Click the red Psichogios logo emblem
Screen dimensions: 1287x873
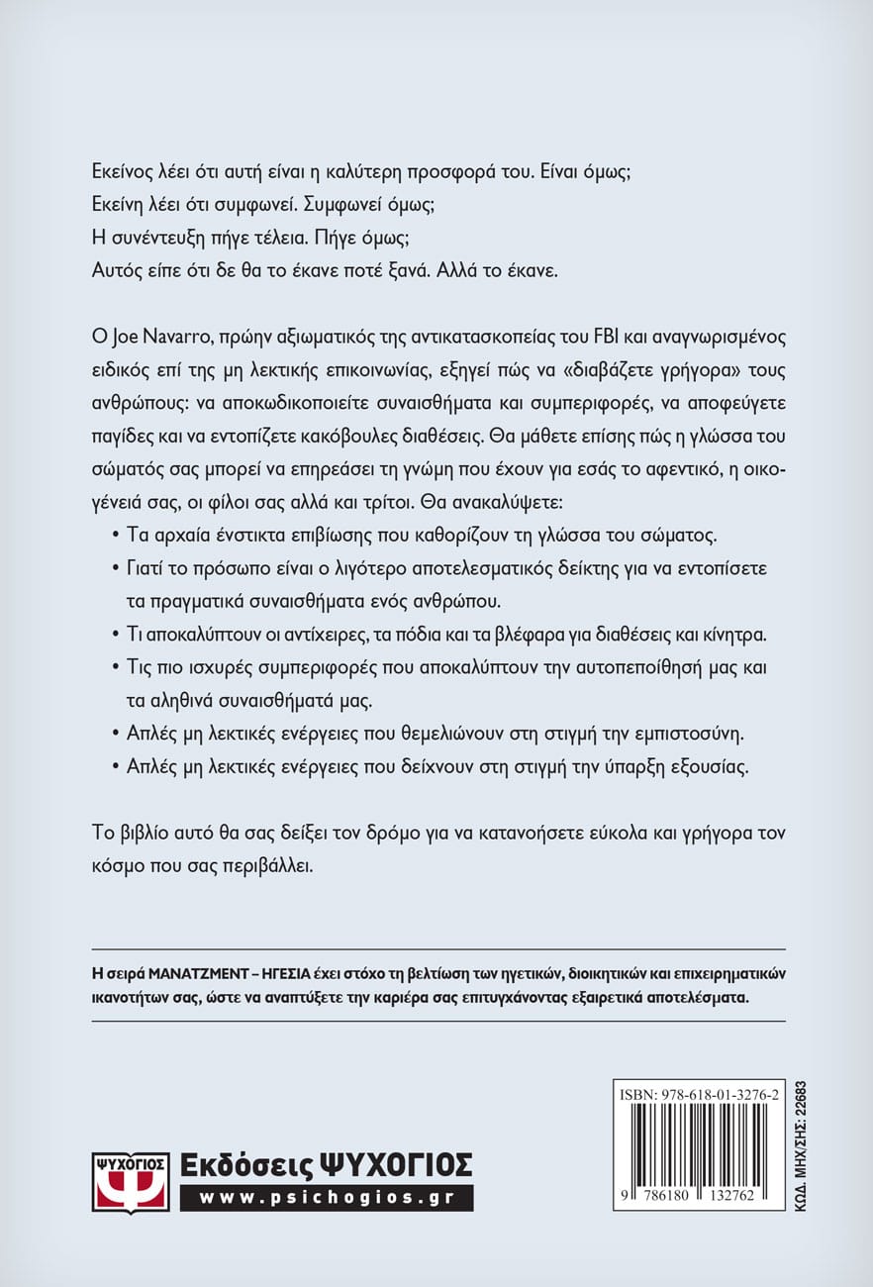click(129, 1181)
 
